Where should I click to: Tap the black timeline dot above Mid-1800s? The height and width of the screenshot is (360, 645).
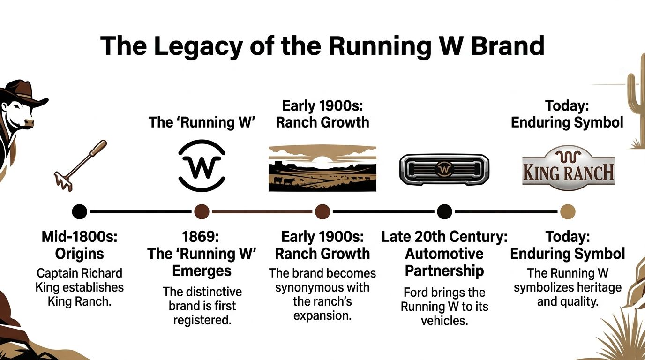[80, 211]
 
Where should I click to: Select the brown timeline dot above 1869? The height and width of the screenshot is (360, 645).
[202, 211]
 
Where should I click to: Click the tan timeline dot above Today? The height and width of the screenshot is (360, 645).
[568, 211]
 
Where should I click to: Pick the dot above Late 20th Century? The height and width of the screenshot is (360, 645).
[444, 211]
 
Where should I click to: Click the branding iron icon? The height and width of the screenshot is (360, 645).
[80, 165]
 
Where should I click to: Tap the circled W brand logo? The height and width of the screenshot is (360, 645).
[202, 166]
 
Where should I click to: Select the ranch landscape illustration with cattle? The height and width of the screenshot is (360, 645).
[322, 167]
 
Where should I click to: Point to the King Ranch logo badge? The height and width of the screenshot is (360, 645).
[568, 167]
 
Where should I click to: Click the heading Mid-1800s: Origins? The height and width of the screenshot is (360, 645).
[80, 245]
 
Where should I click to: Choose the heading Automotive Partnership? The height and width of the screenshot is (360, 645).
[444, 262]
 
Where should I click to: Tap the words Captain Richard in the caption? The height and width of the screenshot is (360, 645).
[80, 273]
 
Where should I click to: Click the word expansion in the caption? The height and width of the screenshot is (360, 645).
[322, 315]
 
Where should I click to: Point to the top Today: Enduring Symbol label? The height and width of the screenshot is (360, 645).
[567, 114]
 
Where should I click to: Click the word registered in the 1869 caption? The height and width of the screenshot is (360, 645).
[202, 320]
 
